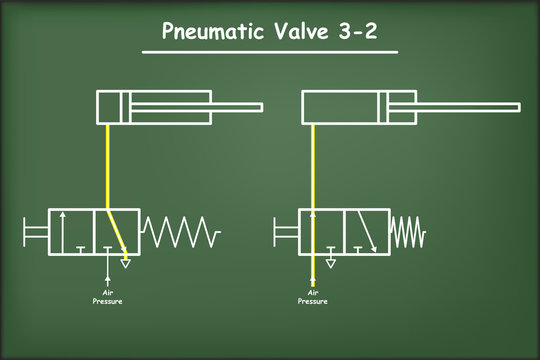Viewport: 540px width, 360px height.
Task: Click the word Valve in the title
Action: click(291, 30)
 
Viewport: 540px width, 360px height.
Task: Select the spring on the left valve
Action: click(180, 233)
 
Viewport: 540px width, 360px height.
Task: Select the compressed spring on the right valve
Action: click(407, 232)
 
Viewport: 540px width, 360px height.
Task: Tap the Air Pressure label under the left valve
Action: click(108, 296)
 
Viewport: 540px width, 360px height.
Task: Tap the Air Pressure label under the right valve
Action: click(313, 296)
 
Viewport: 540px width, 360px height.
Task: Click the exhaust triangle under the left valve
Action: click(125, 264)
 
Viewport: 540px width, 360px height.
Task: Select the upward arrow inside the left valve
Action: click(64, 232)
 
